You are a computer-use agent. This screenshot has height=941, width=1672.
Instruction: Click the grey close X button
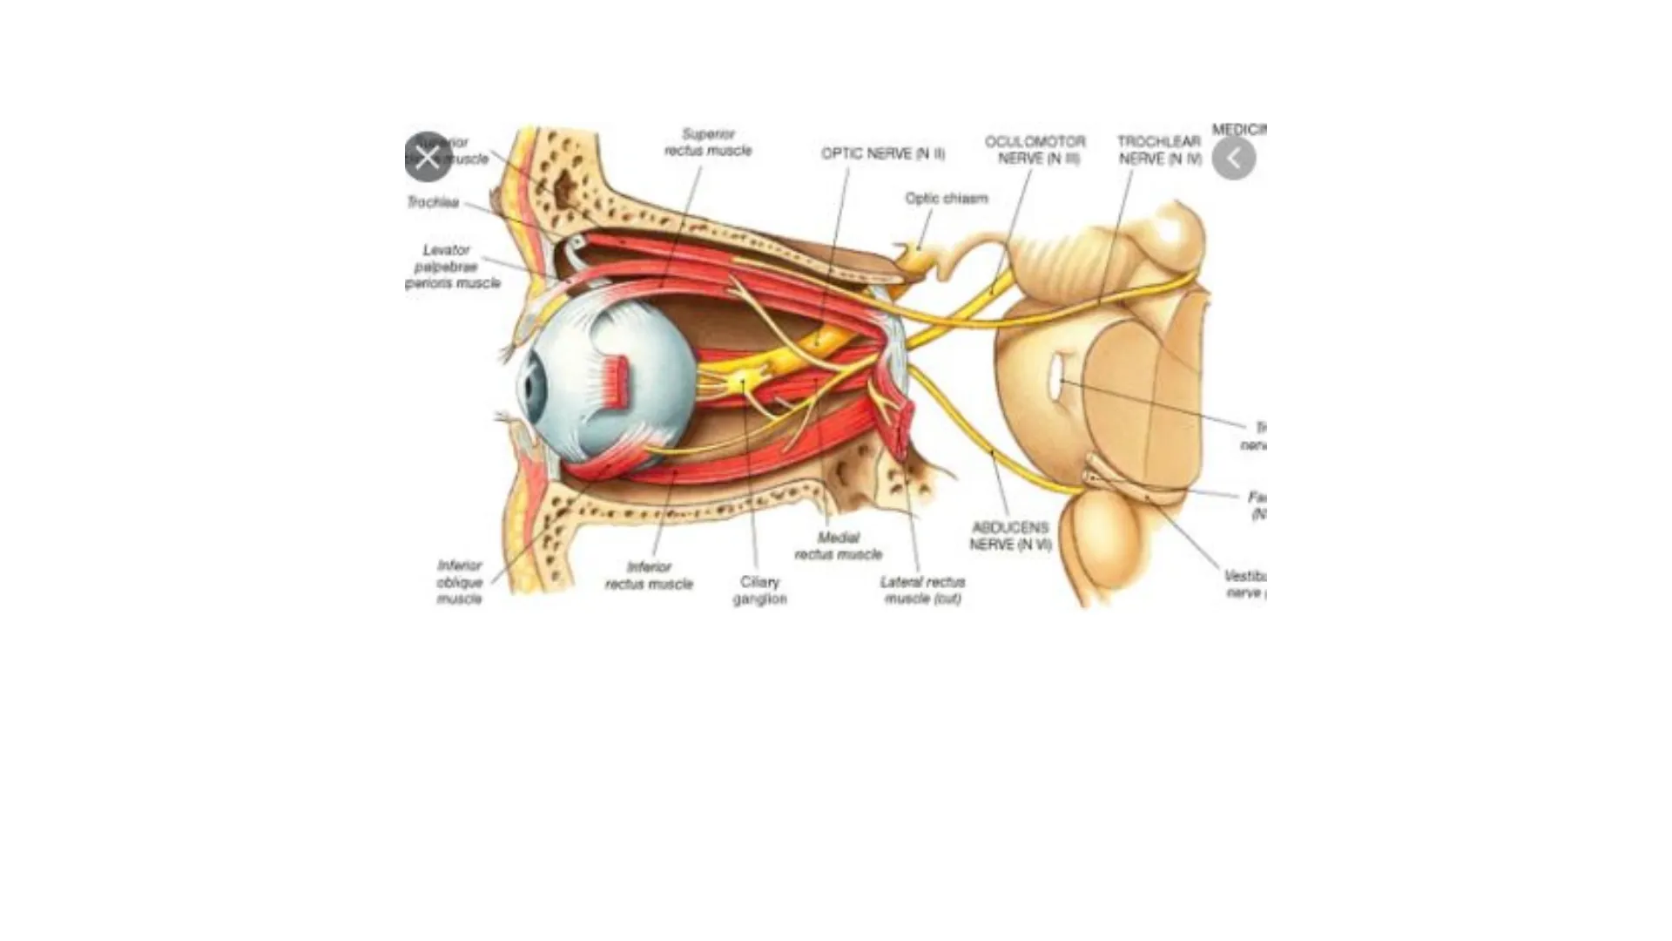coord(427,158)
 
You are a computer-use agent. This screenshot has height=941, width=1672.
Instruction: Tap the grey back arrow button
coord(1233,159)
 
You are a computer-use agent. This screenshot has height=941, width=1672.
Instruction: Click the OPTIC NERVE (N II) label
coord(882,154)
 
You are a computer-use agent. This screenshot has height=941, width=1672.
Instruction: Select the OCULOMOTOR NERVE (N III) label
coord(1035,150)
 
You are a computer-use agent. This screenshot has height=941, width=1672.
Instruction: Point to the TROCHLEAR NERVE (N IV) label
coord(1159,150)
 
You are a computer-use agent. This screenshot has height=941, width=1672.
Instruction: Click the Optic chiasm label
coord(946,199)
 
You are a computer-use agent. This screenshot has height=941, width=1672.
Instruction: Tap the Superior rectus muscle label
coord(707,143)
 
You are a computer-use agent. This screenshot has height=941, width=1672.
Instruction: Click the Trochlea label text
coord(433,202)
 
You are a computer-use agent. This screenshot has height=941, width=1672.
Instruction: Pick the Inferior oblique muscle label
coord(459,582)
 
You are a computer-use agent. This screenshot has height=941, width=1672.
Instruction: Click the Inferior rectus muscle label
coord(649,575)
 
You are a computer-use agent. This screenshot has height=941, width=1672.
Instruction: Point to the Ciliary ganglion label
coord(759,590)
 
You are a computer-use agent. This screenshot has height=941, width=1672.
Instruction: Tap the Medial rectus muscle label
coord(838,545)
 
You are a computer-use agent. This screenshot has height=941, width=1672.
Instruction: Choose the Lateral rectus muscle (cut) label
coord(922,590)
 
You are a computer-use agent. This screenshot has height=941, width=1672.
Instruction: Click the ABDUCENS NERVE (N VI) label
coord(1010,536)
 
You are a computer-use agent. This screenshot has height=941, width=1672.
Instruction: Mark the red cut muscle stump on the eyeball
coord(617,383)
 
